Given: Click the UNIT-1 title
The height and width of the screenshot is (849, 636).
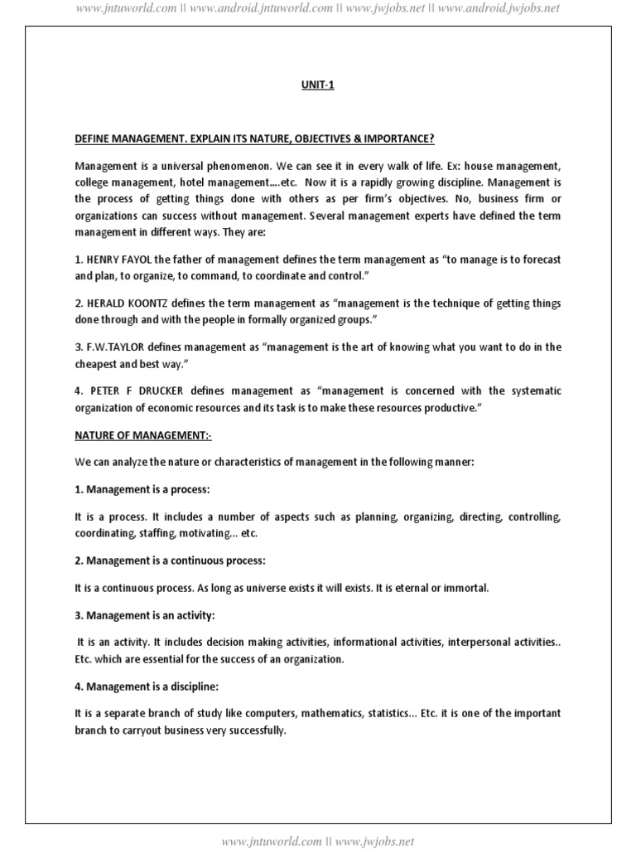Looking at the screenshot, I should (x=318, y=85).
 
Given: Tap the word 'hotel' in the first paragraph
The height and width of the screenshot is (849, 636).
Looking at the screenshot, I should (x=215, y=182).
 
